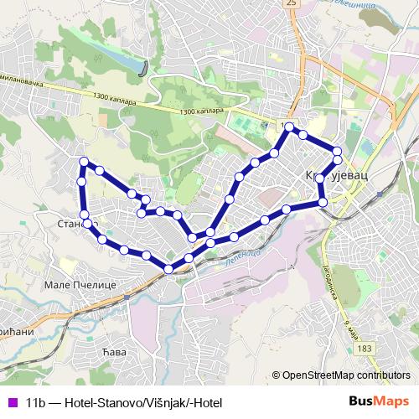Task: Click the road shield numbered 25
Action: [x=292, y=3]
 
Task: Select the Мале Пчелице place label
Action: [x=76, y=285]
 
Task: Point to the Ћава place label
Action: [x=113, y=352]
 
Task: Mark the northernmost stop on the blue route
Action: [x=289, y=127]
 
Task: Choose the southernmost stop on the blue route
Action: [x=169, y=268]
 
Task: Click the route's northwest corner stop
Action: [x=83, y=161]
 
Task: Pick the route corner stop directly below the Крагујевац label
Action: [x=323, y=202]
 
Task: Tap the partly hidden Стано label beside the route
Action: [x=70, y=225]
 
